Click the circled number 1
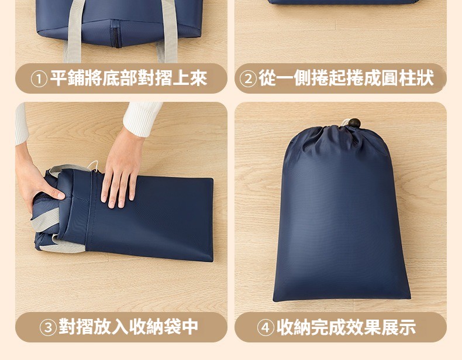(x=39, y=79)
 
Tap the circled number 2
(x=249, y=79)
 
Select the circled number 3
(x=48, y=328)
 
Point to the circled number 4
(x=266, y=328)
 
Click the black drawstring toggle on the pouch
(x=354, y=123)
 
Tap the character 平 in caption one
(x=58, y=78)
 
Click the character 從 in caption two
(x=267, y=78)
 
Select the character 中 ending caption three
(x=189, y=327)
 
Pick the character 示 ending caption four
(x=407, y=327)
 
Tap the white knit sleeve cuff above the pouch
(x=142, y=118)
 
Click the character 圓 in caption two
(x=390, y=78)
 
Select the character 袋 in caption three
(x=173, y=327)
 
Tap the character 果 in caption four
(x=373, y=327)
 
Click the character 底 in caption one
(x=111, y=78)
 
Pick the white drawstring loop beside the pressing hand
(x=93, y=166)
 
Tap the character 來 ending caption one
(x=198, y=78)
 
